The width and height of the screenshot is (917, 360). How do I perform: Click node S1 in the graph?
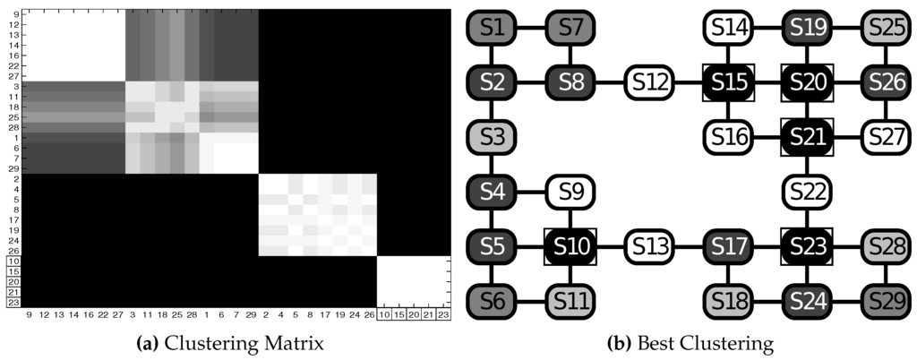[491, 29]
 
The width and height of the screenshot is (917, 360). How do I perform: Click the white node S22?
[806, 190]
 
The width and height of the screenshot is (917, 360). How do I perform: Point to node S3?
[491, 136]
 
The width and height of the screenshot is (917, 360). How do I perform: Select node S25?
[885, 29]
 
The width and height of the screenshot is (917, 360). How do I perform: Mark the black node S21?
[806, 136]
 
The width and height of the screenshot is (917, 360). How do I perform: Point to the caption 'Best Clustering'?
[690, 341]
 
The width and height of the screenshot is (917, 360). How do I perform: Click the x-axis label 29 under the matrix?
[251, 315]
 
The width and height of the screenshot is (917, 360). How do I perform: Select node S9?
[570, 190]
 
